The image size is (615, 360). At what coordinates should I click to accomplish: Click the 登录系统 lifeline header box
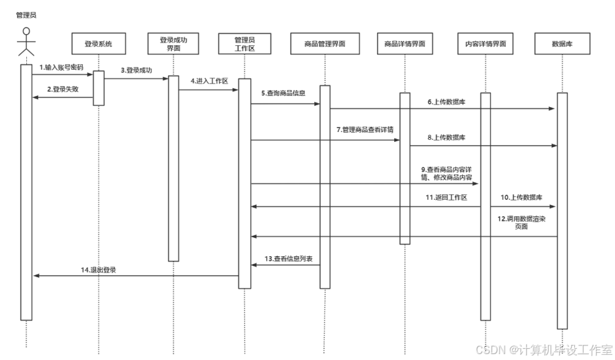pos(99,44)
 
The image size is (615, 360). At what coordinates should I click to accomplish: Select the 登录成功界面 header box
pos(173,44)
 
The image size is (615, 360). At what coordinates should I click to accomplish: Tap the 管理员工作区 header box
pos(244,44)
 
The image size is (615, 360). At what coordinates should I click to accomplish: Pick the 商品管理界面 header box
pos(325,44)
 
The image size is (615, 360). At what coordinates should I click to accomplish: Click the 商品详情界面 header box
pos(405,44)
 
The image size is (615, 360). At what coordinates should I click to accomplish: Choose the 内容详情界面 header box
pos(485,44)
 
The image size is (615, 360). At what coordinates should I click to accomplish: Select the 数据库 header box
pos(562,44)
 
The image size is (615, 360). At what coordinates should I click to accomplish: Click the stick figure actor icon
pos(26,43)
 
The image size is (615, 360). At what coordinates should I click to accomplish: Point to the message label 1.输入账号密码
pos(61,67)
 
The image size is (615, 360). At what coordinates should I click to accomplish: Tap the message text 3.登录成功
pos(136,70)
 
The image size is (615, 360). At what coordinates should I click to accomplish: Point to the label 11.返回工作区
pos(445,197)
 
